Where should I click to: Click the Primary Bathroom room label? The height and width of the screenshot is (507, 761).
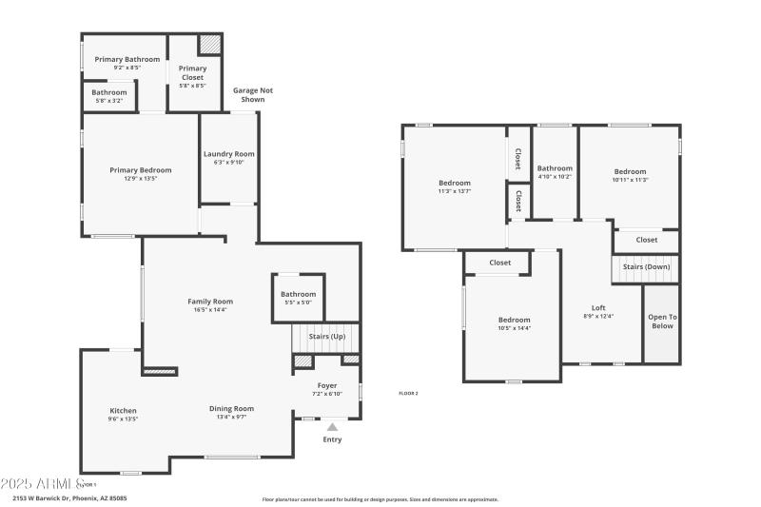(127, 59)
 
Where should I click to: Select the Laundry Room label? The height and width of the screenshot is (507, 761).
(228, 154)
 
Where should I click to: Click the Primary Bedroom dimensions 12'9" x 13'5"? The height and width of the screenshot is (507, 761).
(140, 178)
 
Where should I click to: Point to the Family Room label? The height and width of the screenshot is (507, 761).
(210, 301)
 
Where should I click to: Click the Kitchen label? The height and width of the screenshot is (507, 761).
(123, 411)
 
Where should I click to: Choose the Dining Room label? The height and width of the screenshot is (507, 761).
(232, 409)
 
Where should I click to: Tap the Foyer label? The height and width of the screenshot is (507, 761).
(326, 385)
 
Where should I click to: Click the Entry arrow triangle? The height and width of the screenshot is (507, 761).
(332, 427)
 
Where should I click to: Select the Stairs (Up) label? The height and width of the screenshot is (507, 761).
(327, 336)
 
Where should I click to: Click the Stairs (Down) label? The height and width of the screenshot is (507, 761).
(646, 266)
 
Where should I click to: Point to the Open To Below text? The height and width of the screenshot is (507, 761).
(662, 322)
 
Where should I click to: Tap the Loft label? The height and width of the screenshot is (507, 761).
(598, 307)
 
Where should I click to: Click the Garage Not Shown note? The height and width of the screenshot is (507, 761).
(253, 94)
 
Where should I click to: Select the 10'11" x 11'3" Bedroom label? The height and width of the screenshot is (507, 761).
(630, 171)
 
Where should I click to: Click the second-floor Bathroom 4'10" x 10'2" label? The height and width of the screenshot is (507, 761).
(555, 168)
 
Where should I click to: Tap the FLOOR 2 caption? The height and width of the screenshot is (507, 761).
(408, 393)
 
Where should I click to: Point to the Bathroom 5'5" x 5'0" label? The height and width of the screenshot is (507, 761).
(298, 294)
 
